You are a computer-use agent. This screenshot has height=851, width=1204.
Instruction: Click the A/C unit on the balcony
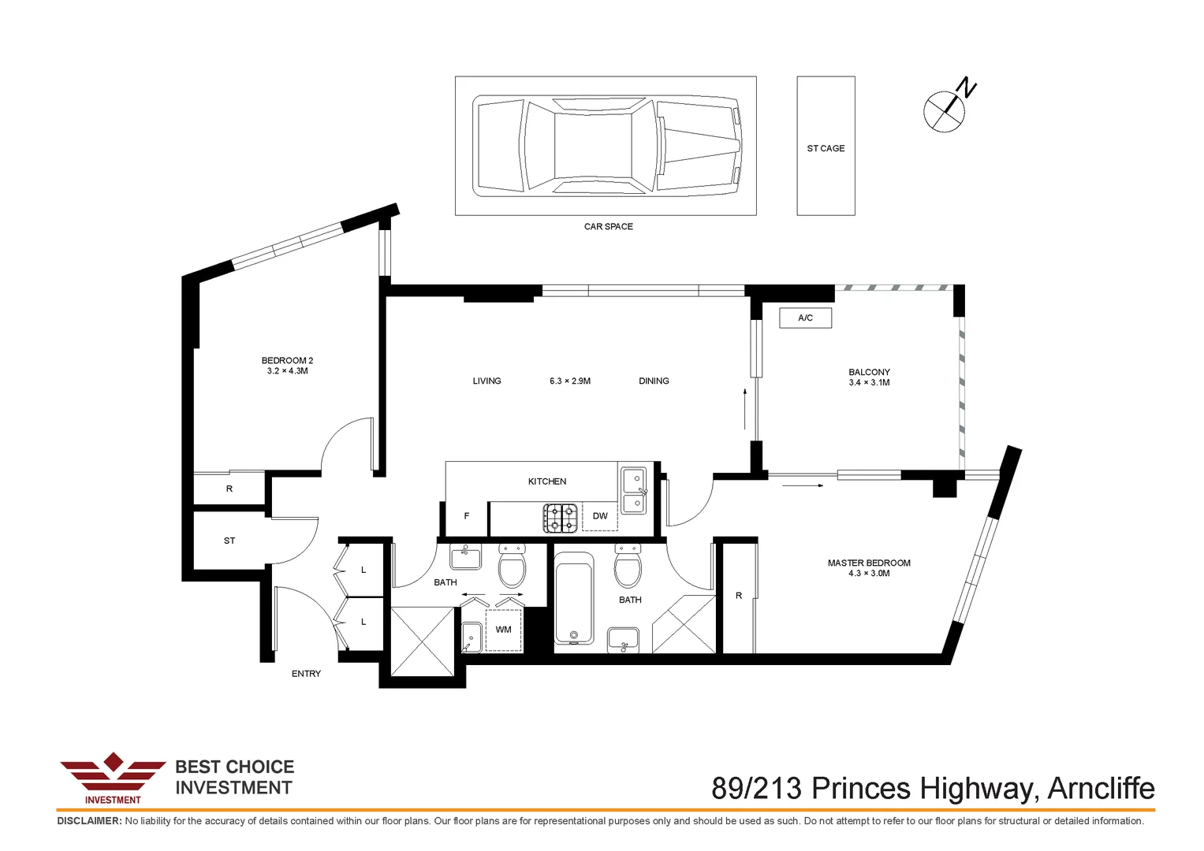pyautogui.click(x=806, y=318)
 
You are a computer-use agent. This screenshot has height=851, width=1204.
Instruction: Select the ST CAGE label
pyautogui.click(x=826, y=148)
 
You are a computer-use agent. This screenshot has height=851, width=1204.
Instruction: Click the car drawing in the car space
pyautogui.click(x=607, y=146)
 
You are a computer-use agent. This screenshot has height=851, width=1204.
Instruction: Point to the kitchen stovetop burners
pyautogui.click(x=561, y=518)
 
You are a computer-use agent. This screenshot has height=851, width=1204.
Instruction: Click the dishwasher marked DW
pyautogui.click(x=600, y=516)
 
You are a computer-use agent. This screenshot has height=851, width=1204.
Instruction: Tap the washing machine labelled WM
pyautogui.click(x=504, y=630)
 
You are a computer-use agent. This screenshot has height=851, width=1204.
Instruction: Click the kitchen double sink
pyautogui.click(x=634, y=490)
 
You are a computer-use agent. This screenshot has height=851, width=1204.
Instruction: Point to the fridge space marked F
pyautogui.click(x=466, y=516)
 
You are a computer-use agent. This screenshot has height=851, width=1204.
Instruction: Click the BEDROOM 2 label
pyautogui.click(x=287, y=361)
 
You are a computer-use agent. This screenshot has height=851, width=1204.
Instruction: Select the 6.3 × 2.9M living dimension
pyautogui.click(x=570, y=381)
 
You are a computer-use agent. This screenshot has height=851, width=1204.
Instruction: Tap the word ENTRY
pyautogui.click(x=306, y=674)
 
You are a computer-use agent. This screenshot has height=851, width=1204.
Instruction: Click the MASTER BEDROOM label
pyautogui.click(x=869, y=563)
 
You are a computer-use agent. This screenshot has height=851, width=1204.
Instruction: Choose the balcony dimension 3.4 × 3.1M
pyautogui.click(x=869, y=382)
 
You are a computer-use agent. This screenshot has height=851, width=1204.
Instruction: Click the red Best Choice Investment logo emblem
pyautogui.click(x=113, y=778)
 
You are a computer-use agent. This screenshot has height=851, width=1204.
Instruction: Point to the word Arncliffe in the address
pyautogui.click(x=1101, y=788)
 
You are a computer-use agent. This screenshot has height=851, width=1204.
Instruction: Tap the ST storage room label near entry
pyautogui.click(x=229, y=541)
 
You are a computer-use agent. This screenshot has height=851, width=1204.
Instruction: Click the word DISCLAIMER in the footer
pyautogui.click(x=89, y=821)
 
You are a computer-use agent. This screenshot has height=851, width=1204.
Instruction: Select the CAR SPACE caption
pyautogui.click(x=609, y=227)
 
